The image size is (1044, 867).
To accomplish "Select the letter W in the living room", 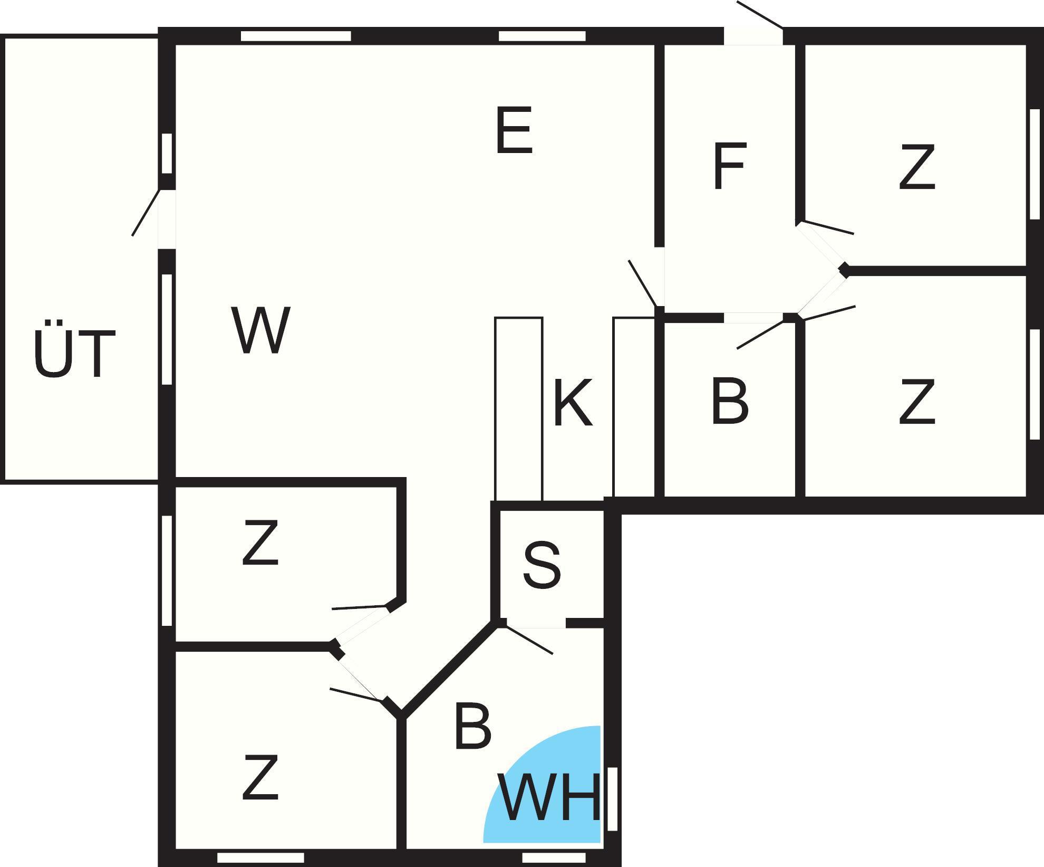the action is [x=261, y=330].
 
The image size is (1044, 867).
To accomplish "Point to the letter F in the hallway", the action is [x=730, y=166].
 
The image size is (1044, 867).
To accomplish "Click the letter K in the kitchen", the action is [x=573, y=402].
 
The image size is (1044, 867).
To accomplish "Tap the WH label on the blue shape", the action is [x=549, y=797].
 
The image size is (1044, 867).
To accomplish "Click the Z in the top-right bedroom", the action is [x=917, y=167].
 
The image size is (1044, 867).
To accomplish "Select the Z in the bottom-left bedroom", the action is [x=260, y=777].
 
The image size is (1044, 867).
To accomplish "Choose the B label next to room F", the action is [x=730, y=401].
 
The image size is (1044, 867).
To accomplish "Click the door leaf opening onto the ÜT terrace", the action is [x=146, y=212].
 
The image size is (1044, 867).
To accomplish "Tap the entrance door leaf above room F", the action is [x=760, y=15].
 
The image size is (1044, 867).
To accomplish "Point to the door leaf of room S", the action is [x=528, y=639].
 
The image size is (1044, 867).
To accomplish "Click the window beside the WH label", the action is [x=612, y=799].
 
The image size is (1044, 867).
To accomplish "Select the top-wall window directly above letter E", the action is [x=542, y=36].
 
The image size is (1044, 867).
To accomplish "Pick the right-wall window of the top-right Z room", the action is [x=1035, y=164].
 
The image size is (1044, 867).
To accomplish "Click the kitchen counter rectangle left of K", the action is [x=518, y=408].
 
